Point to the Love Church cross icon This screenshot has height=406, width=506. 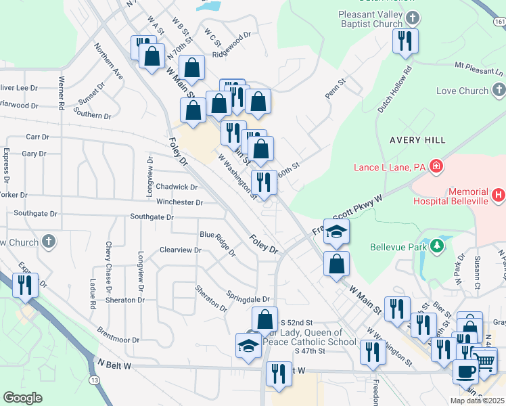coord(499,91)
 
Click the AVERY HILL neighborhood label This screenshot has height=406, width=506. coord(417,139)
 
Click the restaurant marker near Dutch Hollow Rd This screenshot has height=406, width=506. coord(406,41)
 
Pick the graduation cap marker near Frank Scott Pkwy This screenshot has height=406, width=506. coord(336,231)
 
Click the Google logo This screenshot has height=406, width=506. coord(22,398)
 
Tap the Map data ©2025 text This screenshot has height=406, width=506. coord(476,401)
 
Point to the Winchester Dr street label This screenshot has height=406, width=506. coord(180,202)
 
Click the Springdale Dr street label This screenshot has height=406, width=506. coord(248,298)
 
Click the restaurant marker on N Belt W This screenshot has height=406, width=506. coord(278,374)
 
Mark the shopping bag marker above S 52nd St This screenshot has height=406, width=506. coord(265,319)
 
